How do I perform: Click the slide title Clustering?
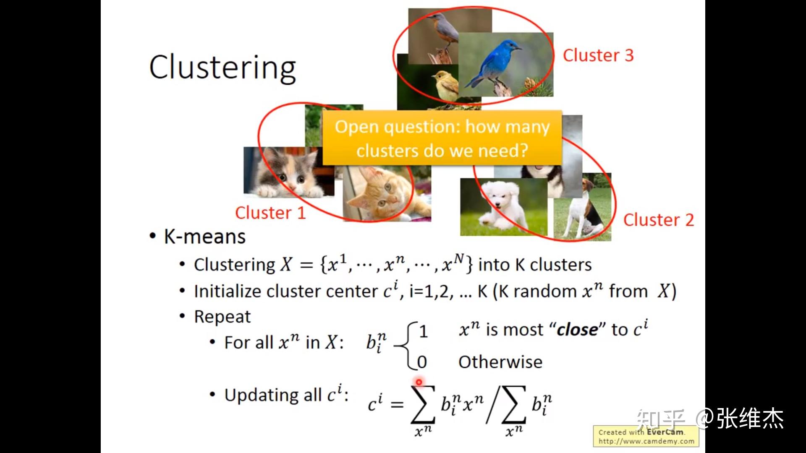222,68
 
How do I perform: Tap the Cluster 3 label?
598,55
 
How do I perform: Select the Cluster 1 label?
270,213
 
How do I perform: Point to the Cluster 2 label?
658,220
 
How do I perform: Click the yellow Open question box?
442,138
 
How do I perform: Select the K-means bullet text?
204,237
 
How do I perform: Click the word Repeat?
222,317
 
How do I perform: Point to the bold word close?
577,330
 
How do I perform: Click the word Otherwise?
500,362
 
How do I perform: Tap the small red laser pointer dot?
419,382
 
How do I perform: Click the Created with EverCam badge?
646,436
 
